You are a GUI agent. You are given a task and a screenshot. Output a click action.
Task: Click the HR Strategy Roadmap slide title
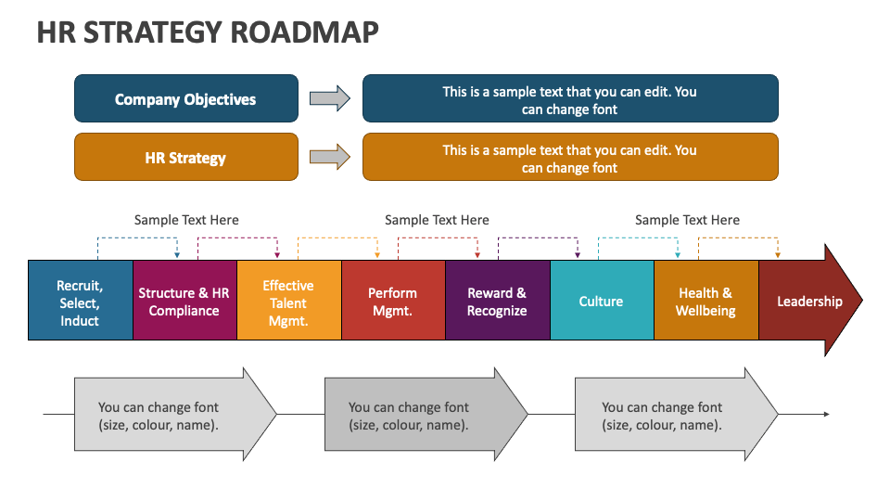208,32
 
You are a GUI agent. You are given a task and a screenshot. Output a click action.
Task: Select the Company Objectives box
185,99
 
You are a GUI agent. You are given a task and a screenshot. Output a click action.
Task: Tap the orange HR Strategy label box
185,158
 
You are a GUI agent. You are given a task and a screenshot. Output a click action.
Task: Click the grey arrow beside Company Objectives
329,98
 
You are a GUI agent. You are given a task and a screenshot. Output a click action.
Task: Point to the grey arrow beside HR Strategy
329,157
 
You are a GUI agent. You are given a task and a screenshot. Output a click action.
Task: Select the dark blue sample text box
569,99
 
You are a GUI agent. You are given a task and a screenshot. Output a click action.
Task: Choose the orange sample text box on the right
569,158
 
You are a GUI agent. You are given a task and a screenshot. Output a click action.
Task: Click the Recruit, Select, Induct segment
80,302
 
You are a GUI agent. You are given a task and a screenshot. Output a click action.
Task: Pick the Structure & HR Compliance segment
184,302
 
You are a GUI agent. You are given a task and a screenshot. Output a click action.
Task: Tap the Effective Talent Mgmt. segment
288,302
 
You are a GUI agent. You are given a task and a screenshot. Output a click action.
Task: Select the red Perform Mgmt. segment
393,302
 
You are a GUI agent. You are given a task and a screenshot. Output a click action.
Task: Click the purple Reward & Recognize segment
497,302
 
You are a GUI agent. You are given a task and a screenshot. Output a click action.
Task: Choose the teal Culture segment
602,302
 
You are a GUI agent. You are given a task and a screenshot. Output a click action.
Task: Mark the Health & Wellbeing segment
706,302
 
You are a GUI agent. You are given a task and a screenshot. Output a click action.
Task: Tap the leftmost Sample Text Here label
186,220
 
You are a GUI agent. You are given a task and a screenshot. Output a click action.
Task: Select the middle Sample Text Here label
437,220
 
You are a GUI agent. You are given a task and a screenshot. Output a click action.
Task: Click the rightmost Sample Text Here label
687,220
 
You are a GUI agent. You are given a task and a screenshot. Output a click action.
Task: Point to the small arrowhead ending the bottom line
826,414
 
